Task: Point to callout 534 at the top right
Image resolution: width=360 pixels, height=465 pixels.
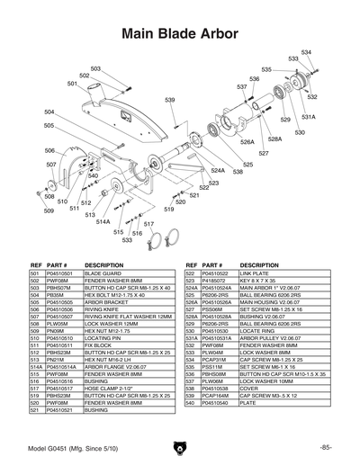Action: [x=306, y=52]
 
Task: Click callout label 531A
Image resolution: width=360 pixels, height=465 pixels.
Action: [x=307, y=117]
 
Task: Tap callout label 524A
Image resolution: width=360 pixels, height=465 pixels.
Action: [x=218, y=169]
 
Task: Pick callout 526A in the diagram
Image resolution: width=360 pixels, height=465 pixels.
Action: [x=247, y=141]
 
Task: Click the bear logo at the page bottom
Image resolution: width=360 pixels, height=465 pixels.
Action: [x=179, y=447]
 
